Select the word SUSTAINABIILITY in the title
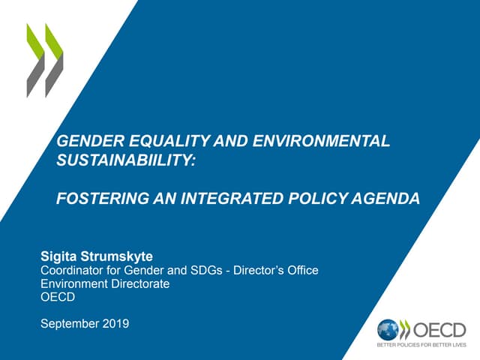(x=123, y=159)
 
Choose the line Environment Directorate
(x=104, y=283)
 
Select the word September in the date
(x=67, y=324)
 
